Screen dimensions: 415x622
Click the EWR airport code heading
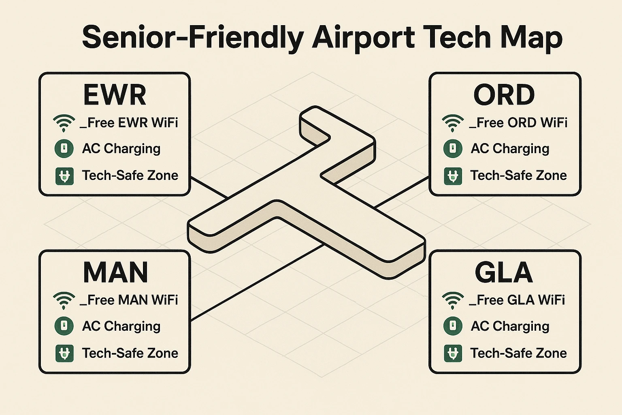pyautogui.click(x=115, y=95)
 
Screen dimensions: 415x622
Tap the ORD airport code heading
pyautogui.click(x=504, y=95)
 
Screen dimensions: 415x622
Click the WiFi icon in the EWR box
pyautogui.click(x=64, y=122)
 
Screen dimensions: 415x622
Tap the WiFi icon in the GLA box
pyautogui.click(x=453, y=300)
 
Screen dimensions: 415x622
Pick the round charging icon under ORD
pyautogui.click(x=453, y=148)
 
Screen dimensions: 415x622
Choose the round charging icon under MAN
pyautogui.click(x=64, y=326)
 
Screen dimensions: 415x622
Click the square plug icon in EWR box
pyautogui.click(x=64, y=176)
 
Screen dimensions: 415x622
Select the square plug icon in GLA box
pyautogui.click(x=453, y=353)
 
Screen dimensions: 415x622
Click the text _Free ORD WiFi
pyautogui.click(x=518, y=122)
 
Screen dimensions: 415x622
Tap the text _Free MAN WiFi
pyautogui.click(x=129, y=300)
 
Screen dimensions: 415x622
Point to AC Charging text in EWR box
pyautogui.click(x=121, y=149)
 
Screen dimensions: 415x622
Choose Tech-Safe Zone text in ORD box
pyautogui.click(x=518, y=175)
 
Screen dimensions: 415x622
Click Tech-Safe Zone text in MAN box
pyautogui.click(x=130, y=353)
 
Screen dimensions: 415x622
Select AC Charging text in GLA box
pyautogui.click(x=510, y=326)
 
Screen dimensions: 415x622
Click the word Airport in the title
pyautogui.click(x=363, y=37)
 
